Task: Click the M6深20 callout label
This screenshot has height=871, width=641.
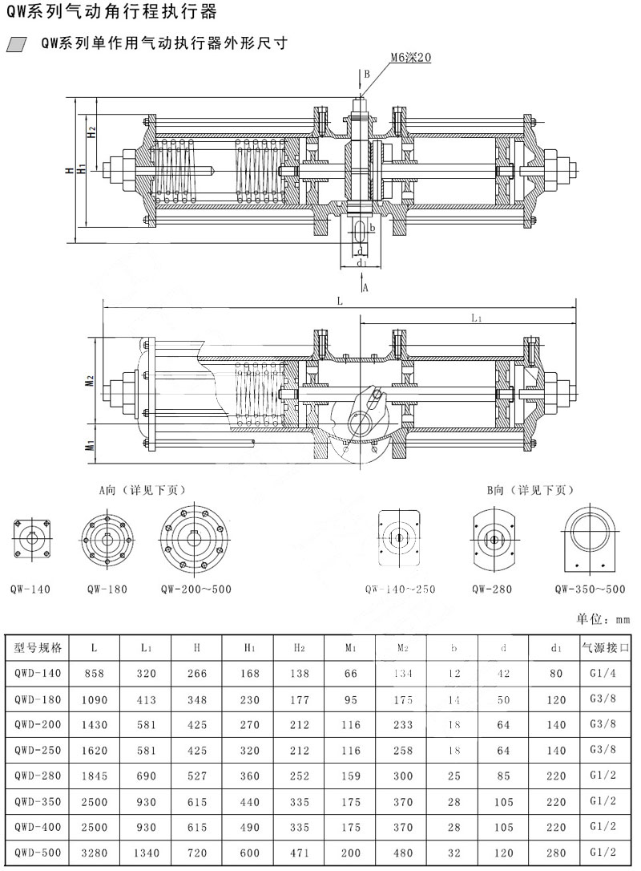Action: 411,58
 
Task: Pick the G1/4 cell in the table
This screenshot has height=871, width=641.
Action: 606,674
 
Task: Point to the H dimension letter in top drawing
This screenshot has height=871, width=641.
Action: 71,170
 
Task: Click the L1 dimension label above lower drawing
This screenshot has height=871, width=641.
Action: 476,318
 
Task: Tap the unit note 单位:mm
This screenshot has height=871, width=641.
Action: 603,619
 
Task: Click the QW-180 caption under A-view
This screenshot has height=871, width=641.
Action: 107,589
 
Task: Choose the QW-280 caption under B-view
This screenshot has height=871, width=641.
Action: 491,589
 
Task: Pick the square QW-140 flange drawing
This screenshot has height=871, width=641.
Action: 31,537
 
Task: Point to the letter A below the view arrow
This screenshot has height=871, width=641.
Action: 365,286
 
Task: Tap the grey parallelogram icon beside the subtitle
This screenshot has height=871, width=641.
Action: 16,44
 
